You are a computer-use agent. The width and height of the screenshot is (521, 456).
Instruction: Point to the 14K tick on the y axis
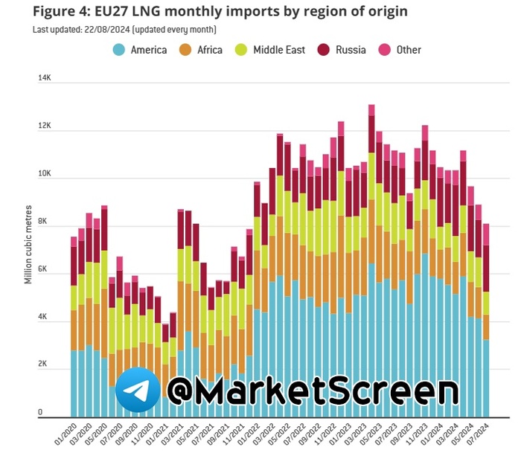click(x=44, y=78)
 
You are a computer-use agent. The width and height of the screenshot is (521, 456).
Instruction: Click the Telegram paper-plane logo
click(x=138, y=391)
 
